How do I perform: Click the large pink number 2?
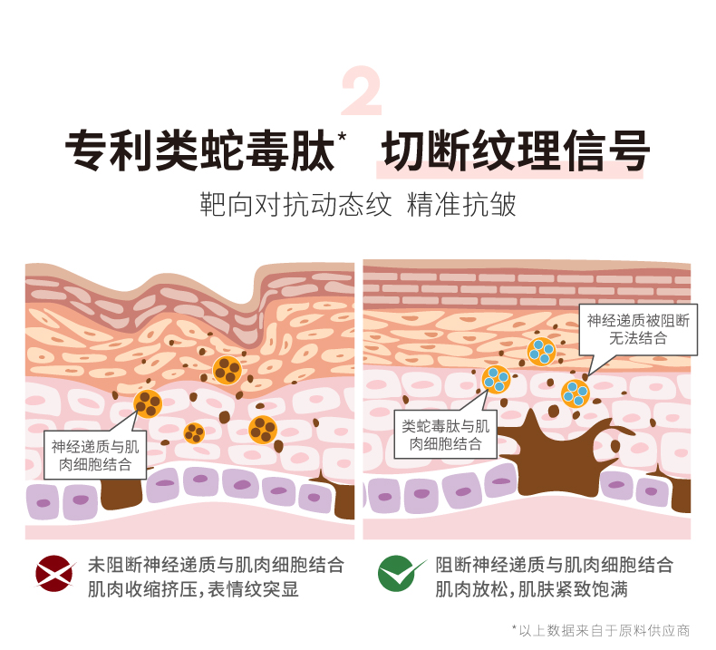tap(362, 92)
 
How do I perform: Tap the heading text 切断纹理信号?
tap(513, 150)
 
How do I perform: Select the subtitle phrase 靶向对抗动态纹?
tap(295, 204)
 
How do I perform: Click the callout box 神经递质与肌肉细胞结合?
tap(95, 455)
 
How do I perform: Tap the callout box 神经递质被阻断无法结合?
tap(639, 329)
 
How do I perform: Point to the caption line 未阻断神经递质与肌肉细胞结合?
tap(216, 564)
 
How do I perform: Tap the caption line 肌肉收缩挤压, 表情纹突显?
tap(193, 590)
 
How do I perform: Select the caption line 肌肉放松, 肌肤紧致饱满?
tap(532, 590)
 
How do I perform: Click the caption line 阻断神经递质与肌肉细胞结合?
tap(555, 564)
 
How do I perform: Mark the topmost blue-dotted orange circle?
tap(541, 351)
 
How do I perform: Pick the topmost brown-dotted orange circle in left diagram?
tap(227, 369)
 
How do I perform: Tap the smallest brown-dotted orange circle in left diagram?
tap(194, 432)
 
